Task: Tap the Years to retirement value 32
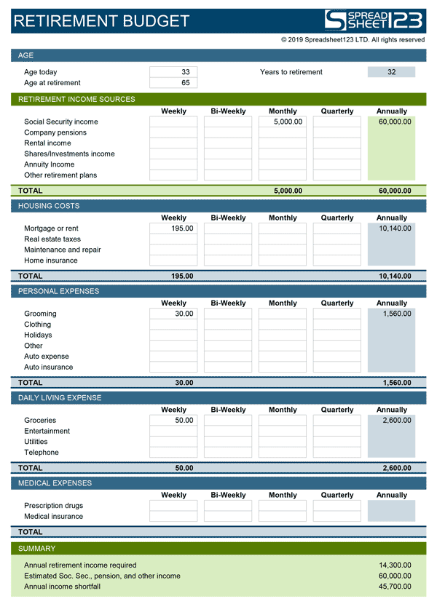pyautogui.click(x=392, y=72)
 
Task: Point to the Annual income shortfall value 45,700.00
pyautogui.click(x=395, y=587)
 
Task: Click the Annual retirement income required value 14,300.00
pyautogui.click(x=395, y=565)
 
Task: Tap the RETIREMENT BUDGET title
pyautogui.click(x=101, y=21)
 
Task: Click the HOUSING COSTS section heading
pyautogui.click(x=49, y=206)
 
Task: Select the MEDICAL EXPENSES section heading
pyautogui.click(x=55, y=483)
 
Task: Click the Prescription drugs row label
pyautogui.click(x=53, y=506)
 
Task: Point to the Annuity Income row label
pyautogui.click(x=49, y=164)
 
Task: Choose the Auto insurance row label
pyautogui.click(x=48, y=367)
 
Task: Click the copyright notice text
pyautogui.click(x=353, y=40)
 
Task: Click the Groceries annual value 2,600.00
pyautogui.click(x=395, y=421)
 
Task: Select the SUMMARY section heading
pyautogui.click(x=37, y=548)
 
